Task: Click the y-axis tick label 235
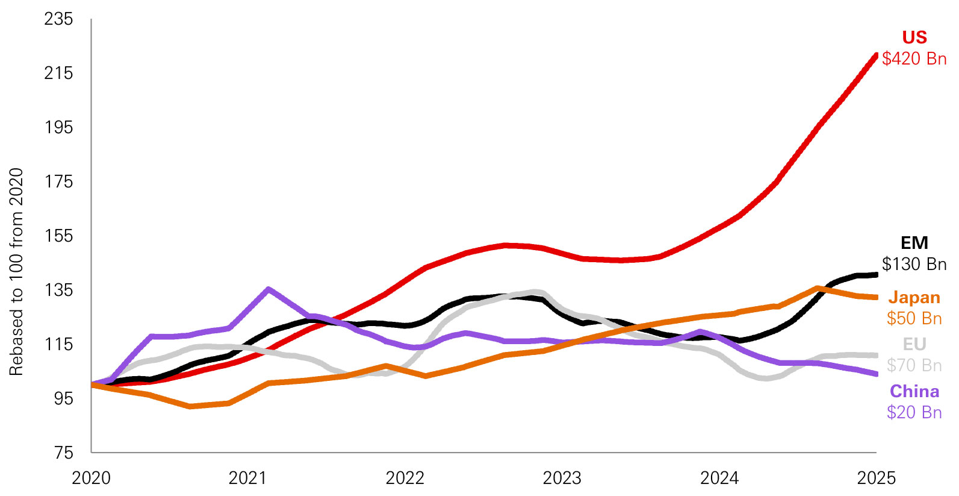58,19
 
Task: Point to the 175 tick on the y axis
58,182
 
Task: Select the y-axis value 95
63,398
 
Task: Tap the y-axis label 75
63,453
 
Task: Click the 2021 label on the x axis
247,479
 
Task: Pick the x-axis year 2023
562,479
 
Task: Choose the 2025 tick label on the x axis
876,479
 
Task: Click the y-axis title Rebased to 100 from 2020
16,271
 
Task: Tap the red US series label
914,37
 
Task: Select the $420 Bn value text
914,58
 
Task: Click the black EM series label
914,243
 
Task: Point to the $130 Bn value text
914,264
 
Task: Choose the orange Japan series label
914,297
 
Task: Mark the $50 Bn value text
914,318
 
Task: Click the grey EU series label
914,344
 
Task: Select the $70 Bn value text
914,365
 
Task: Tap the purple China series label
914,391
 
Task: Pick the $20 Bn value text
914,412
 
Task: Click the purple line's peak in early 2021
268,289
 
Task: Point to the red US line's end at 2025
875,55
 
